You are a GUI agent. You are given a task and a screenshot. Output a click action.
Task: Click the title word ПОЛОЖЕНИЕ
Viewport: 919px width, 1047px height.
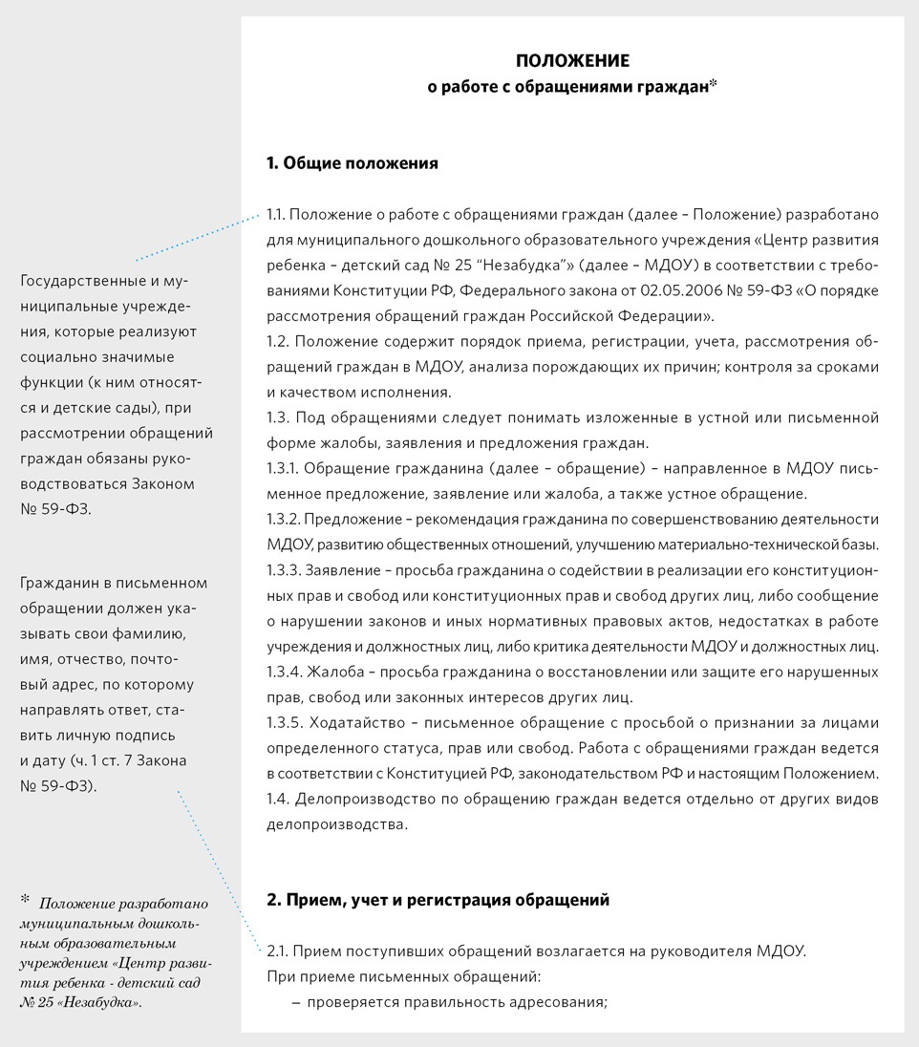pyautogui.click(x=572, y=62)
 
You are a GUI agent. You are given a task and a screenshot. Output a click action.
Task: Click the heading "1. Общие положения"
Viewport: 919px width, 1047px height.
pyautogui.click(x=353, y=163)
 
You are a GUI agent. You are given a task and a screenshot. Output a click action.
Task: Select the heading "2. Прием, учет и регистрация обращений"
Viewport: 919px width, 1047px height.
pyautogui.click(x=438, y=900)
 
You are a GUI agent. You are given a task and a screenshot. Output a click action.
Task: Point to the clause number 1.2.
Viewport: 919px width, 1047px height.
pyautogui.click(x=278, y=341)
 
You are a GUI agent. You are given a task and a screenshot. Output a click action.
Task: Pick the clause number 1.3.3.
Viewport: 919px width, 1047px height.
pyautogui.click(x=286, y=571)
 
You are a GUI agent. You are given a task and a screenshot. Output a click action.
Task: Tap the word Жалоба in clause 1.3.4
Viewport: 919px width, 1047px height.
pyautogui.click(x=334, y=672)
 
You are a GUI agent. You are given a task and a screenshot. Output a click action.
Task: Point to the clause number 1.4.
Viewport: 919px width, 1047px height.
pyautogui.click(x=279, y=799)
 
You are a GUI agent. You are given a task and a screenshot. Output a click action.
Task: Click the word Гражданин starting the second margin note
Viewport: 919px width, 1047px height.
pyautogui.click(x=60, y=583)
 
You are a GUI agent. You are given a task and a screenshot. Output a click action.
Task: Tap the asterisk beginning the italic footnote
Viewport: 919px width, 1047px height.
pyautogui.click(x=25, y=899)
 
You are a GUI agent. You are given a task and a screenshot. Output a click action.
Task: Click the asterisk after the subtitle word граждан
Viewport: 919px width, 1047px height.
pyautogui.click(x=714, y=84)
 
